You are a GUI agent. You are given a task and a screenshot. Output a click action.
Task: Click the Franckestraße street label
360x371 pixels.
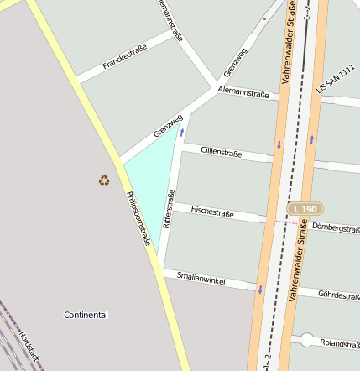124,57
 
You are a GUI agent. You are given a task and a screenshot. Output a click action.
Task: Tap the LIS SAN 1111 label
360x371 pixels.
335,78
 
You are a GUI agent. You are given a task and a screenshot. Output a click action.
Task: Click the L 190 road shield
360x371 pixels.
305,207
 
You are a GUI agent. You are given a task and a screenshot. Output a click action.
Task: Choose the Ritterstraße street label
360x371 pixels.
168,210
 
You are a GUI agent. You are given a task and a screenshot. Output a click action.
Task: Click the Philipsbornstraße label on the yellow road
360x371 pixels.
138,218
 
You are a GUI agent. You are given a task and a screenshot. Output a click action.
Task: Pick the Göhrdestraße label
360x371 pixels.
339,295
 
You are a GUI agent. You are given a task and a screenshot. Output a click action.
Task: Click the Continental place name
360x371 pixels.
86,315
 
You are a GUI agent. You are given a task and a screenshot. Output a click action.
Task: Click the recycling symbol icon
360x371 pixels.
103,180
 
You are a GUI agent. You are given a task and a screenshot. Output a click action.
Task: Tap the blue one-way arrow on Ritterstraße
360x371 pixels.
181,133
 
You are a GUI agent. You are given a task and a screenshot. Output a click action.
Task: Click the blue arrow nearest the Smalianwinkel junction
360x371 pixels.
260,290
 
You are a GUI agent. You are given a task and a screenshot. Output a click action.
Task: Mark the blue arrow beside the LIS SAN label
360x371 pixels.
311,138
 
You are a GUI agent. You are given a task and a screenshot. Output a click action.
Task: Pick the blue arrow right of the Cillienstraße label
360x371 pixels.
278,145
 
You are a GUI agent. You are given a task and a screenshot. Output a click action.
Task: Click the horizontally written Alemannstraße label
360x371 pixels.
243,92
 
